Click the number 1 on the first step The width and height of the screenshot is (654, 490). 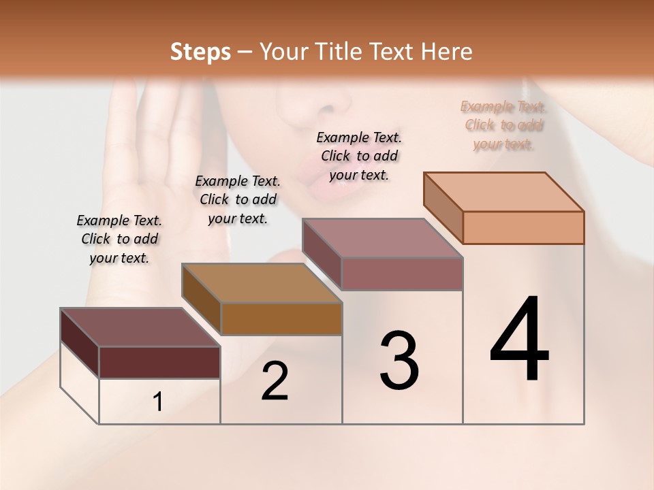(158, 402)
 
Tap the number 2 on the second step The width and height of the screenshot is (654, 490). (275, 382)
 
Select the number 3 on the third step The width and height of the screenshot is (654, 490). (399, 361)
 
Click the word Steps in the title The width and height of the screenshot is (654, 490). (200, 52)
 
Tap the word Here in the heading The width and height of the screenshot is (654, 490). (447, 52)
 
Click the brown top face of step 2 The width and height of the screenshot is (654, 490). (262, 282)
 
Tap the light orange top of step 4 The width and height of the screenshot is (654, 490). (504, 191)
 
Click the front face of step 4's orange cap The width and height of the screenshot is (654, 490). (523, 227)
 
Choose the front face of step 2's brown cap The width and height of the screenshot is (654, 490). (281, 318)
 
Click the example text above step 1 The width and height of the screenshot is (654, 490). (119, 239)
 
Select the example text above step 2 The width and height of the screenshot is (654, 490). (238, 199)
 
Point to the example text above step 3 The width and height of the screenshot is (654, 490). (359, 156)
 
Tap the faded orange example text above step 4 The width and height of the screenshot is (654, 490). (503, 125)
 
